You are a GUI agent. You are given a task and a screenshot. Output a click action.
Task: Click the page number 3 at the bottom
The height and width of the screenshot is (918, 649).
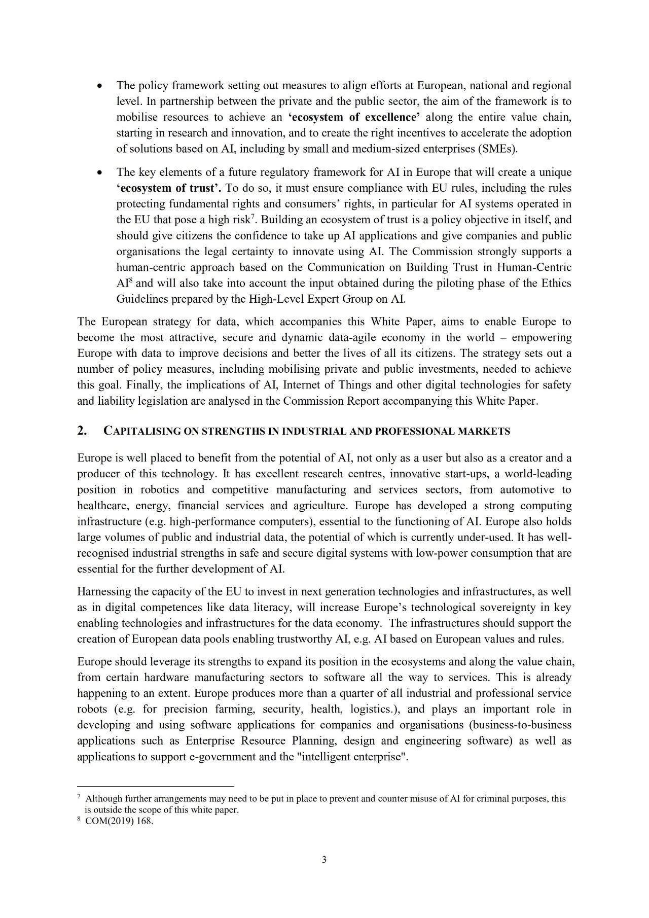(324, 859)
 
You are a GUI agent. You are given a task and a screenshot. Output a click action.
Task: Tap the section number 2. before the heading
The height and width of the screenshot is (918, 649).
(82, 431)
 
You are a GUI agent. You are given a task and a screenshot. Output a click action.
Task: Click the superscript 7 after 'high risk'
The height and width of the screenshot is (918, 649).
(253, 217)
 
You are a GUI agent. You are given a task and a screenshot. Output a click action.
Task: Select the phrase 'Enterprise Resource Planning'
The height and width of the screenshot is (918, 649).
(261, 740)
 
